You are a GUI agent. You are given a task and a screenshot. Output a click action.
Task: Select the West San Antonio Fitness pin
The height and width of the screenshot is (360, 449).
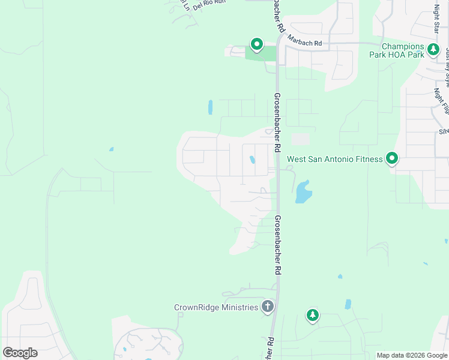pyautogui.click(x=392, y=158)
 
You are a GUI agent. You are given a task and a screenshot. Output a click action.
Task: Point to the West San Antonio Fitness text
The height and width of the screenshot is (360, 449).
pyautogui.click(x=334, y=159)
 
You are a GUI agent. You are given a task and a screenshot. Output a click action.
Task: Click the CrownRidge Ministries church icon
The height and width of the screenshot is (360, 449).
pyautogui.click(x=268, y=307)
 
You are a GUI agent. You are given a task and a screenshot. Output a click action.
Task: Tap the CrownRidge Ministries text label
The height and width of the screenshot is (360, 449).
pyautogui.click(x=216, y=307)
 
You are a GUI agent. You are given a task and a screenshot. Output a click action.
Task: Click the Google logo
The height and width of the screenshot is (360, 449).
pyautogui.click(x=20, y=352)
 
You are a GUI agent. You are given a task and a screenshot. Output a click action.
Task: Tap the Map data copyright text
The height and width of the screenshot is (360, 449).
pyautogui.click(x=412, y=355)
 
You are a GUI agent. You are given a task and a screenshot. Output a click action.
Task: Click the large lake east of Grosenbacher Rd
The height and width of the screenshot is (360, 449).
pyautogui.click(x=303, y=193)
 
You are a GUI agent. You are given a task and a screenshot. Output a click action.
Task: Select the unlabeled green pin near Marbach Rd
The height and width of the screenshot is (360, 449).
pyautogui.click(x=257, y=44)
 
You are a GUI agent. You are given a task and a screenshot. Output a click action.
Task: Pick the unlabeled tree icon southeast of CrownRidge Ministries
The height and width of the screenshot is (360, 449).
pyautogui.click(x=312, y=315)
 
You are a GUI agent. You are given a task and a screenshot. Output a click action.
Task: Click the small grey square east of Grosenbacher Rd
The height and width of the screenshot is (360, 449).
pyautogui.click(x=300, y=139)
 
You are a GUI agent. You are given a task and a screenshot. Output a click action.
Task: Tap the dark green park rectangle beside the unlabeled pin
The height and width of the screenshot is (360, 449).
pyautogui.click(x=261, y=53)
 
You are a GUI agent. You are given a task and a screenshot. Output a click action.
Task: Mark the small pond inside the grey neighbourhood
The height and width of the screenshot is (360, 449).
pyautogui.click(x=252, y=160)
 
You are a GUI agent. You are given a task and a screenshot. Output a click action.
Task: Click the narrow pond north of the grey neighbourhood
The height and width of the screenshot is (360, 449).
pyautogui.click(x=210, y=107)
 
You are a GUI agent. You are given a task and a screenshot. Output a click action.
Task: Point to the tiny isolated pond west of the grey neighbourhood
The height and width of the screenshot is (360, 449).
pyautogui.click(x=111, y=149)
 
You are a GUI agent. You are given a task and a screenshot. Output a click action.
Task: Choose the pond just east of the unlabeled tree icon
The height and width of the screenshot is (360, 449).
pyautogui.click(x=348, y=304)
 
